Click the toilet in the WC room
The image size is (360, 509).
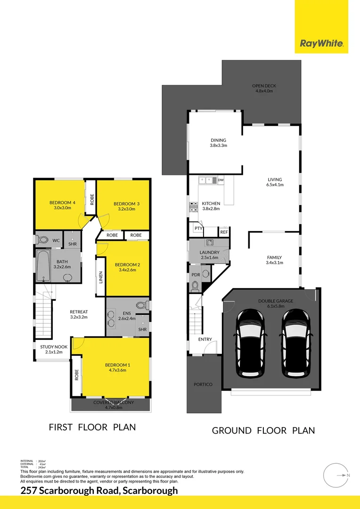pyautogui.click(x=42, y=240)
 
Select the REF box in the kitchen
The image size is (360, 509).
pyautogui.click(x=224, y=232)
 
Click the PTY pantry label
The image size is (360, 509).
pyautogui.click(x=198, y=229)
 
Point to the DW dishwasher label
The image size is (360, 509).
pyautogui.click(x=221, y=180)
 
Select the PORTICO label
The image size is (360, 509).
pyautogui.click(x=203, y=385)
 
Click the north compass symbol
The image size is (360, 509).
pyautogui.click(x=336, y=475)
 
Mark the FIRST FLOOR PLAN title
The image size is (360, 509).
pyautogui.click(x=92, y=427)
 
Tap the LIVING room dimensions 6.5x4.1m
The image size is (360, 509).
pyautogui.click(x=275, y=185)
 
